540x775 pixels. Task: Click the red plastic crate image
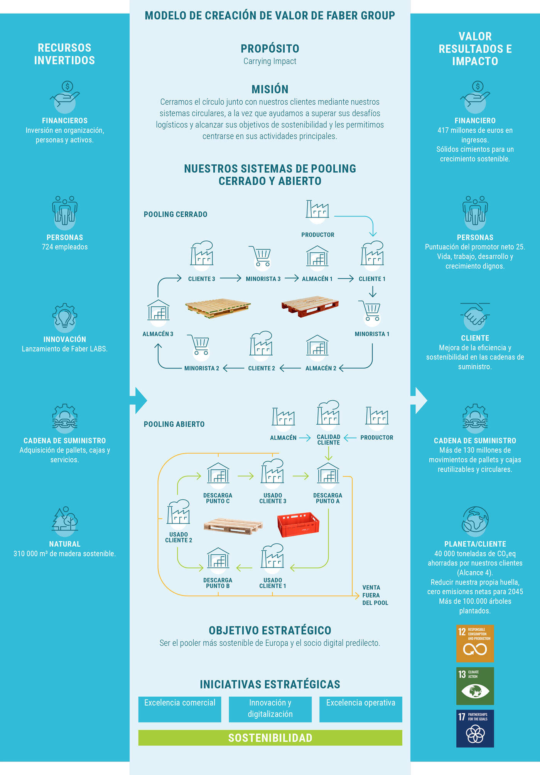(298, 524)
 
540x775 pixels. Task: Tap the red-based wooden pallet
(310, 306)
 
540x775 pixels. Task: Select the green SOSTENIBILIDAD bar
(270, 738)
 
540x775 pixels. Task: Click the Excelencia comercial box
(180, 709)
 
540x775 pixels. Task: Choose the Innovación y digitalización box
(270, 709)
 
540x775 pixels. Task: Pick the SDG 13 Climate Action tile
(475, 686)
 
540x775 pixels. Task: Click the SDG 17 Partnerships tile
(475, 728)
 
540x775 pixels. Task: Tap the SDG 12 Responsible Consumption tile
(475, 643)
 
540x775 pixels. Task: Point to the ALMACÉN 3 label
(158, 334)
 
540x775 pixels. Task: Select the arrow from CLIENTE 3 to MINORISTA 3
(231, 278)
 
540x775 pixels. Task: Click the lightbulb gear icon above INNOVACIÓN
(65, 317)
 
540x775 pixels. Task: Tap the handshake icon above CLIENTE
(475, 314)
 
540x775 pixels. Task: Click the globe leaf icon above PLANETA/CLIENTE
(475, 520)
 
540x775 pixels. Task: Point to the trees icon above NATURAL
(65, 520)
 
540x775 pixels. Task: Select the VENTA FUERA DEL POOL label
(375, 595)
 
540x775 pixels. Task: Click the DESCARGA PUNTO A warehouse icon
(328, 474)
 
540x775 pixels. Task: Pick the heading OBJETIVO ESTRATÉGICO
(270, 630)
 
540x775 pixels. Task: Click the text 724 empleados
(65, 247)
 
